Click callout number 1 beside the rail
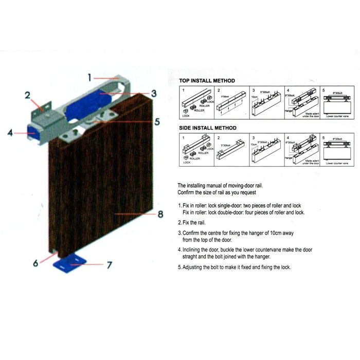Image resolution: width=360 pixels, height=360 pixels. pyautogui.click(x=89, y=78)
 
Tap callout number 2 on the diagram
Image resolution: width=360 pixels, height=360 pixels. pyautogui.click(x=28, y=95)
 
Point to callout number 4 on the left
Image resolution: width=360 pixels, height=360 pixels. pyautogui.click(x=10, y=133)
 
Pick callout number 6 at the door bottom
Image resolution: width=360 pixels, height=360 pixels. pyautogui.click(x=35, y=263)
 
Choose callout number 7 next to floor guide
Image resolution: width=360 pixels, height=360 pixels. pyautogui.click(x=109, y=265)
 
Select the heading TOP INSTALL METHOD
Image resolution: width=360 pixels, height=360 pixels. pyautogui.click(x=207, y=81)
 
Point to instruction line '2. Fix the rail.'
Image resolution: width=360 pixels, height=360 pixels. pyautogui.click(x=195, y=223)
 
